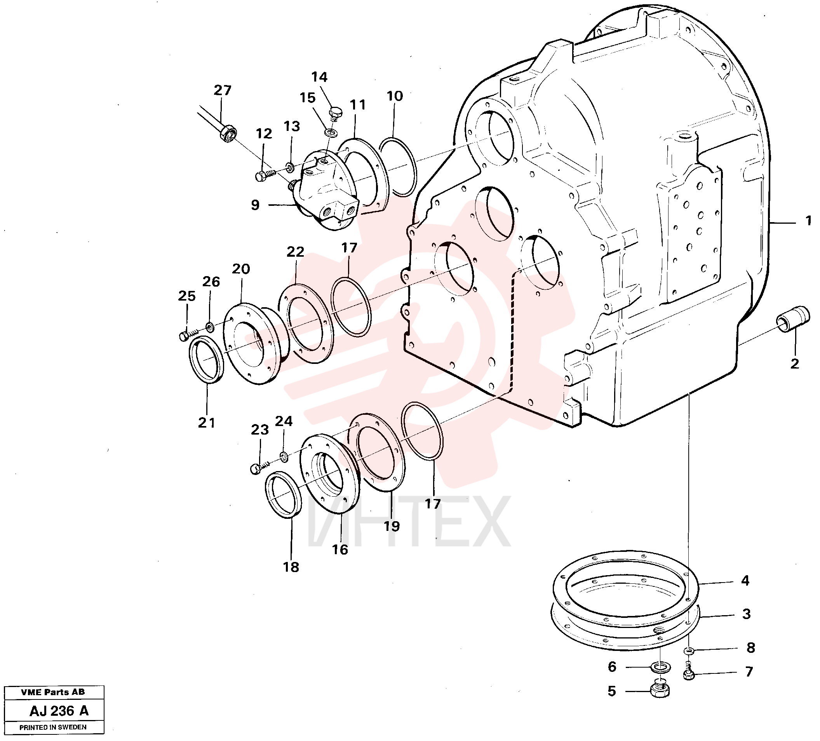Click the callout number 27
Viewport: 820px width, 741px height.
pyautogui.click(x=223, y=90)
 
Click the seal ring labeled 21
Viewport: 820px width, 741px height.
pyautogui.click(x=206, y=360)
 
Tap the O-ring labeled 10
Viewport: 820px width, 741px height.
pyautogui.click(x=397, y=167)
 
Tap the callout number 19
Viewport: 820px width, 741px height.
pyautogui.click(x=392, y=526)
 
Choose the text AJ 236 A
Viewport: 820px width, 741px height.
pyautogui.click(x=59, y=711)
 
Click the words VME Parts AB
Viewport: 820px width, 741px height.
pyautogui.click(x=53, y=692)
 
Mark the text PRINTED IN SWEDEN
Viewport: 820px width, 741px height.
pyautogui.click(x=53, y=727)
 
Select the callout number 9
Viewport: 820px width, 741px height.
pyautogui.click(x=255, y=205)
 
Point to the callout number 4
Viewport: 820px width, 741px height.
pyautogui.click(x=745, y=580)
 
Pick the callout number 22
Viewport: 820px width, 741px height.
pyautogui.click(x=295, y=252)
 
